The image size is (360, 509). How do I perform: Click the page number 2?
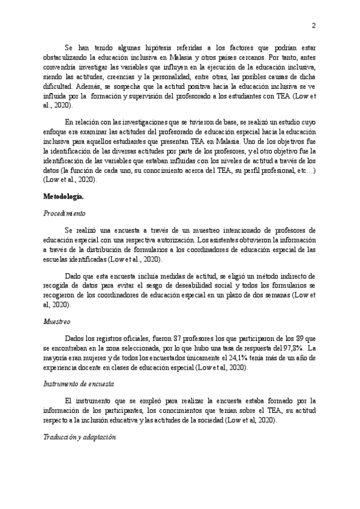314,25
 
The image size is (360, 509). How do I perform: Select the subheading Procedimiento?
65,213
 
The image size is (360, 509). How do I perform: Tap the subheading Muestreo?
57,322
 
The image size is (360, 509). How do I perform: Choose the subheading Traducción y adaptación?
79,439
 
